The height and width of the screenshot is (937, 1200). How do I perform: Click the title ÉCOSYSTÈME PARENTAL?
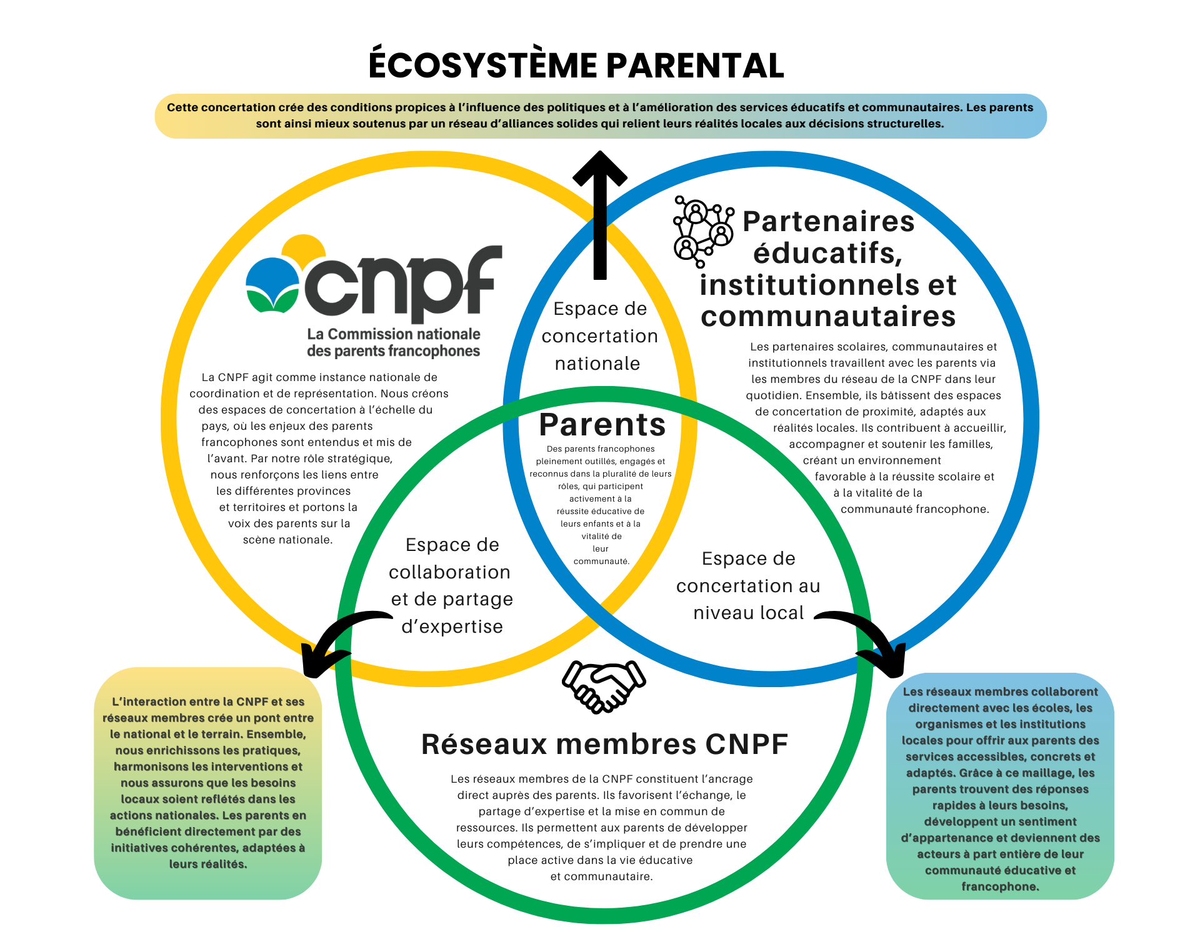tap(576, 66)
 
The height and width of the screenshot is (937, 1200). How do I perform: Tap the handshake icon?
tap(603, 686)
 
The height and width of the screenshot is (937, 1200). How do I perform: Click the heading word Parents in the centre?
tap(602, 425)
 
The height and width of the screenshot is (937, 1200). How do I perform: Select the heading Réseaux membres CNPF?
tap(604, 744)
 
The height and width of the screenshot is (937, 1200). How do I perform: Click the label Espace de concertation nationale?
tap(599, 336)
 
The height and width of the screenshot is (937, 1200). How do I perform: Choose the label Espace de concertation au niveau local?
tap(748, 585)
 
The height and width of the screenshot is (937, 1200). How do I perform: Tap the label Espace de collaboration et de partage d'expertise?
tap(451, 585)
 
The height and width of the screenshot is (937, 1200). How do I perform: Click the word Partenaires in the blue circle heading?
tap(828, 221)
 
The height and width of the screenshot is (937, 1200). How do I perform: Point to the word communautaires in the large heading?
tap(828, 317)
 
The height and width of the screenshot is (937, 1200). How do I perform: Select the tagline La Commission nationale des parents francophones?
tap(394, 342)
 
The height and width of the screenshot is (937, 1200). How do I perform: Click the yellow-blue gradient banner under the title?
tap(600, 116)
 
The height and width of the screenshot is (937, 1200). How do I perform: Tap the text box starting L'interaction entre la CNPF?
tap(208, 783)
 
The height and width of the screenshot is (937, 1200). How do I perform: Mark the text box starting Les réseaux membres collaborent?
tap(1000, 788)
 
